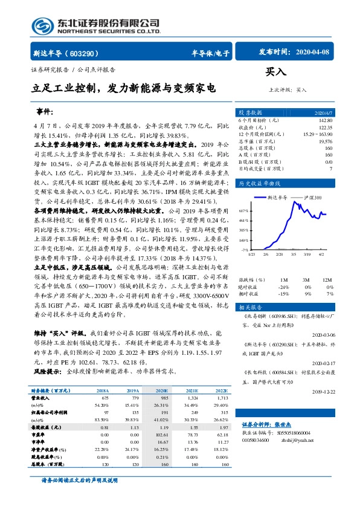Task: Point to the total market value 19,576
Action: click(324, 141)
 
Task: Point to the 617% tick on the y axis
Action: click(244, 210)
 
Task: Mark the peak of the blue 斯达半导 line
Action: click(296, 202)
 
